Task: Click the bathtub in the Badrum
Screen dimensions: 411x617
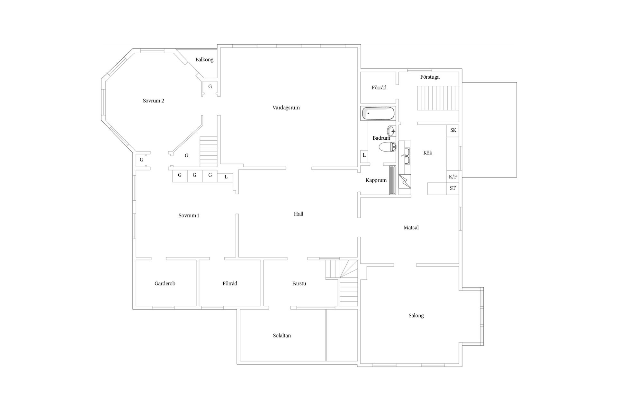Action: pos(378,113)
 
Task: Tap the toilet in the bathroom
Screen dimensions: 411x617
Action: pos(387,147)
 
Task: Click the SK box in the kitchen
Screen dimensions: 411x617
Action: pos(453,130)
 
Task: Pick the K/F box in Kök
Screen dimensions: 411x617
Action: pos(452,177)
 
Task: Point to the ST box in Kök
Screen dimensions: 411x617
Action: pos(452,188)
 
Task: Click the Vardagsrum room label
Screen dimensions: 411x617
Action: pos(286,108)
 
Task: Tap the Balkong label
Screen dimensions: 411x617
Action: pos(204,60)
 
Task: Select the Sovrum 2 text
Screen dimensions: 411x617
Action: pos(154,101)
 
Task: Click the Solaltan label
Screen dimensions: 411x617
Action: pos(282,336)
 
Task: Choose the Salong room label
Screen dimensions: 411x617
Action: pos(416,316)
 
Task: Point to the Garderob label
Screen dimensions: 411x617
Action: pos(165,284)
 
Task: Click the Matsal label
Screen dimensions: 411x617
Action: pos(411,228)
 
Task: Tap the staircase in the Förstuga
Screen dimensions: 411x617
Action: pos(438,98)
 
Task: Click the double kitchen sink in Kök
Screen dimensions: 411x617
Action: pos(407,156)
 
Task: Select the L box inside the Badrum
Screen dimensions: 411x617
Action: pos(364,155)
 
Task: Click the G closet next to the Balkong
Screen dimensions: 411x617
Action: pos(210,87)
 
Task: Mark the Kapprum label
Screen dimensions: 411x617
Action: pos(376,180)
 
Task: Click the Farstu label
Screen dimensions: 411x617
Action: pos(299,284)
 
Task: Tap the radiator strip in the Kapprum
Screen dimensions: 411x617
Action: pos(392,180)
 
